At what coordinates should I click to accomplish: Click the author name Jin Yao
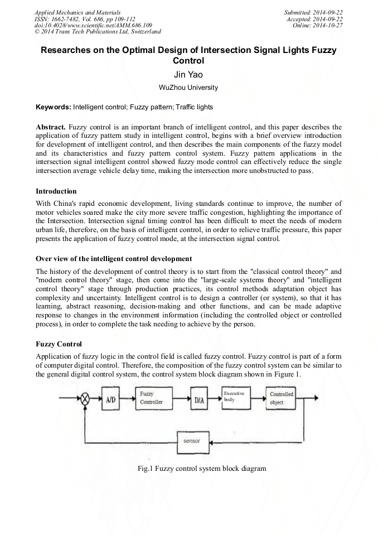click(x=188, y=74)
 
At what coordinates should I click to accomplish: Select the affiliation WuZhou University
click(x=188, y=88)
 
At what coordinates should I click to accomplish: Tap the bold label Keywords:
click(x=53, y=107)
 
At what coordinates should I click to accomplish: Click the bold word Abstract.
click(x=51, y=127)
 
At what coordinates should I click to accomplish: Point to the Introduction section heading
click(x=56, y=191)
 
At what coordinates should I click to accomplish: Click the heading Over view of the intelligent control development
click(x=114, y=259)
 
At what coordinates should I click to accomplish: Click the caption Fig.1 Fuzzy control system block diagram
click(x=202, y=469)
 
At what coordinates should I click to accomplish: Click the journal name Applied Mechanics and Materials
click(x=77, y=12)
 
